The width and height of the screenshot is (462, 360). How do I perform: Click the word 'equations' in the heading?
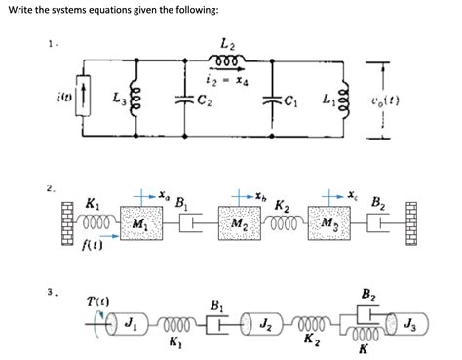[x=110, y=10]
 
